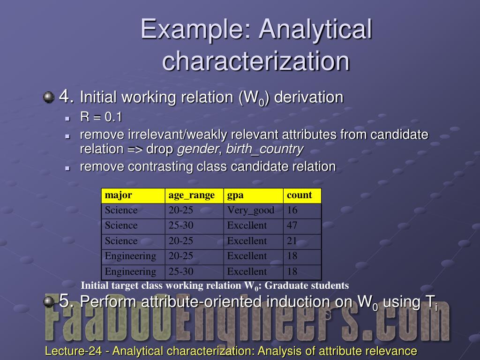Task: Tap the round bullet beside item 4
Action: pyautogui.click(x=48, y=97)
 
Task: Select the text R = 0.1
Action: pyautogui.click(x=101, y=117)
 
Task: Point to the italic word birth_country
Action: pyautogui.click(x=264, y=150)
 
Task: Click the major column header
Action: pyautogui.click(x=119, y=195)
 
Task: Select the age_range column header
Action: pyautogui.click(x=192, y=196)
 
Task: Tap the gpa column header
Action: pyautogui.click(x=235, y=196)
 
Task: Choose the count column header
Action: pyautogui.click(x=300, y=195)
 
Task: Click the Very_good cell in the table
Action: pyautogui.click(x=250, y=210)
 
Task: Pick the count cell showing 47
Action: pyautogui.click(x=292, y=225)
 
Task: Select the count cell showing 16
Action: pyautogui.click(x=292, y=210)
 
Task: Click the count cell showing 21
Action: pyautogui.click(x=292, y=241)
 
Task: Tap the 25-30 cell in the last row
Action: pyautogui.click(x=181, y=271)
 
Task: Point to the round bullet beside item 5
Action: pyautogui.click(x=48, y=301)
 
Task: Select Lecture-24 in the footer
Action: pyautogui.click(x=73, y=351)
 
